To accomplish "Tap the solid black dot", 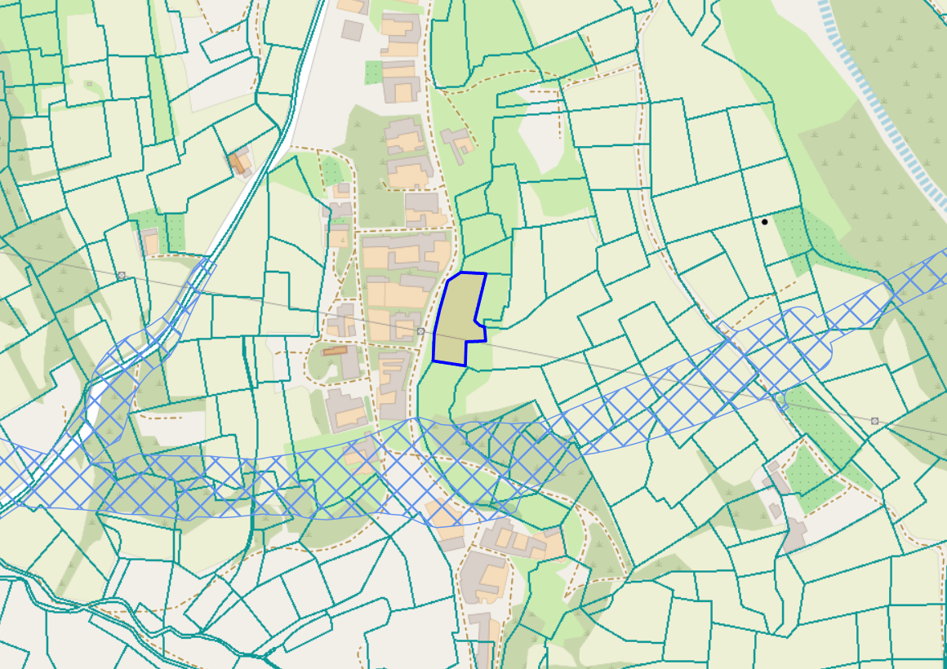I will [765, 221].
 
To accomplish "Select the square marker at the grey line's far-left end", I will [122, 276].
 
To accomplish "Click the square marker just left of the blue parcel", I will [420, 331].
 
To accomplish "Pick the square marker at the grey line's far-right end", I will [875, 421].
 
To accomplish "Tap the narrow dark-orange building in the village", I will [335, 351].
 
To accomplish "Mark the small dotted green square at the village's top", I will [373, 71].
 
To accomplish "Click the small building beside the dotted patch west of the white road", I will [149, 241].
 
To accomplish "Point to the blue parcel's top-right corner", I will [486, 274].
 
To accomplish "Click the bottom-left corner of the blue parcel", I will [433, 361].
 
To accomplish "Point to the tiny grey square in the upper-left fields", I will [89, 83].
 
